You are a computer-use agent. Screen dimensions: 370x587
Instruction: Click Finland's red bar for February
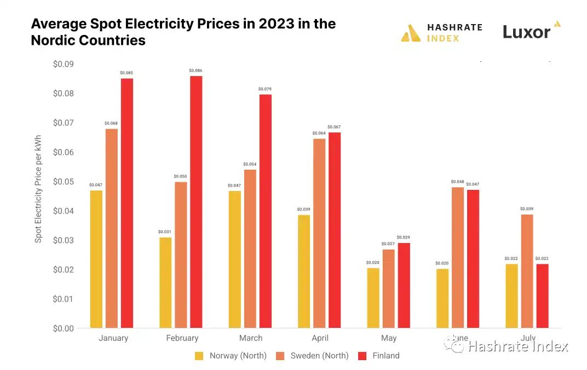click(x=196, y=202)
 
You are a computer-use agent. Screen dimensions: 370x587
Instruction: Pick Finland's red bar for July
click(x=542, y=296)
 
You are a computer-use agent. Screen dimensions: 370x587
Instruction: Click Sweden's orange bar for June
click(x=457, y=257)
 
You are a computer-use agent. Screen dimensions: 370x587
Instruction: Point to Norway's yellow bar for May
click(x=373, y=298)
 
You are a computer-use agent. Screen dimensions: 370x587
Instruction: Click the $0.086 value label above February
click(x=196, y=71)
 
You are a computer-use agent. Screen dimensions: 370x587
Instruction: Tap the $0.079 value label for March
click(x=265, y=89)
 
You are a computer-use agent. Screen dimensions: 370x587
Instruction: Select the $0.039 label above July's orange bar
click(x=527, y=209)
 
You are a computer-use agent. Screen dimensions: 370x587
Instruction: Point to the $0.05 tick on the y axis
click(x=64, y=182)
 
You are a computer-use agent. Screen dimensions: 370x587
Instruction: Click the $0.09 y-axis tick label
click(x=64, y=64)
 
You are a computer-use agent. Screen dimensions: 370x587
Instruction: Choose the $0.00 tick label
click(x=64, y=328)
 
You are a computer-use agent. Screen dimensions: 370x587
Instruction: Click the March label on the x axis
click(x=251, y=338)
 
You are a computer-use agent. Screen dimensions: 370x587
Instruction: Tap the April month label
click(x=320, y=338)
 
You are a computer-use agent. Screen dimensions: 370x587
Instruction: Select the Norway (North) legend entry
click(x=238, y=356)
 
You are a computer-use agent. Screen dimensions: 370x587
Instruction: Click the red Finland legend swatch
click(x=362, y=356)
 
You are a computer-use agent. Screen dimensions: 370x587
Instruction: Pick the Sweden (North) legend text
click(x=319, y=356)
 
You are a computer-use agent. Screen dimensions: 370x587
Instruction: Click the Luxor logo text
click(x=526, y=32)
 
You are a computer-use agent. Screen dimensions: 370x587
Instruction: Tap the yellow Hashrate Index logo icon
click(x=411, y=33)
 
